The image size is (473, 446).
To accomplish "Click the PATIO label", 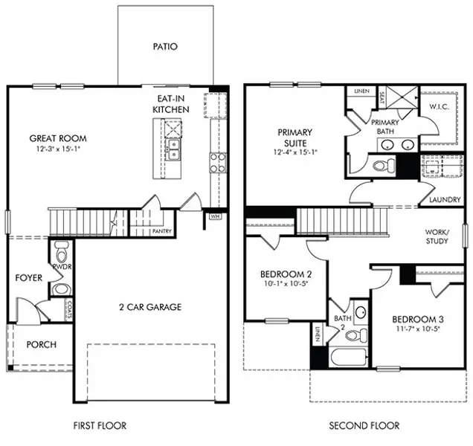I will [165, 46].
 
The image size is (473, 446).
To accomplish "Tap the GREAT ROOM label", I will [58, 138].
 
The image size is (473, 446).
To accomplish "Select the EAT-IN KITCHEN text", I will [171, 104].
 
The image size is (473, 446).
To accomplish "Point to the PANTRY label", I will [162, 231].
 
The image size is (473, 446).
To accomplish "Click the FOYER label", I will [28, 278].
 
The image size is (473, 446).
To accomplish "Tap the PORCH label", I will [41, 345].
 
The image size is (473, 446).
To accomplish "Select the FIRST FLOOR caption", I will [100, 426].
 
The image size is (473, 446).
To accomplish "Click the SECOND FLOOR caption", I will [364, 426].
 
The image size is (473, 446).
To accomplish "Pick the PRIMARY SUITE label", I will [295, 138].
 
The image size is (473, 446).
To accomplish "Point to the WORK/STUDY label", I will [437, 236].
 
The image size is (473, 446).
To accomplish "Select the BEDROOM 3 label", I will [419, 321].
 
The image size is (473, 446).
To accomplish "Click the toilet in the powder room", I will [61, 248].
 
